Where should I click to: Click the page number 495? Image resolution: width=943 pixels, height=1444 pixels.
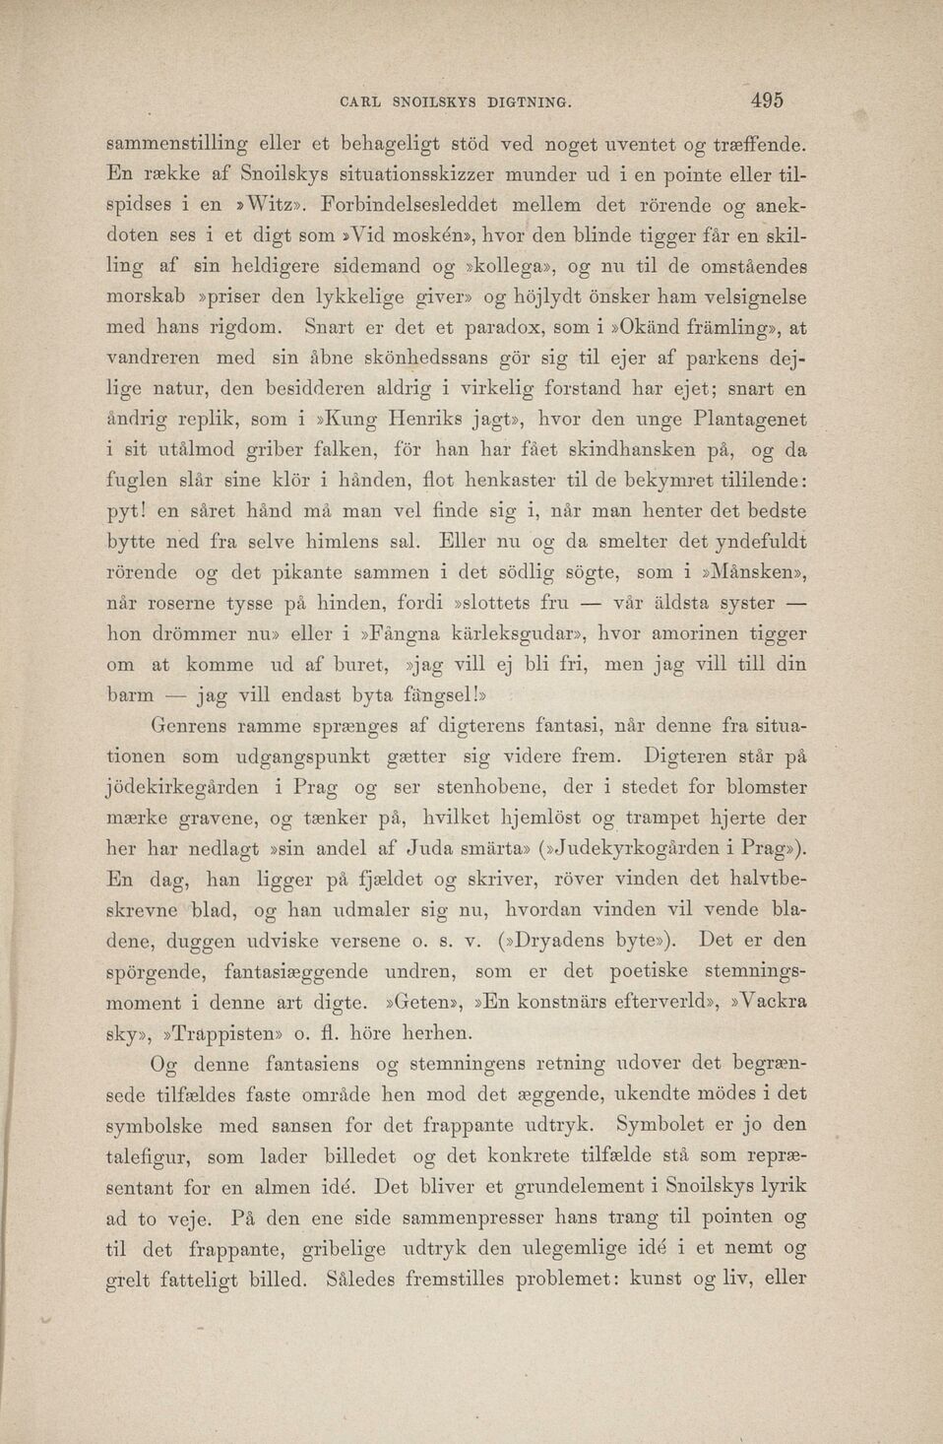pyautogui.click(x=766, y=99)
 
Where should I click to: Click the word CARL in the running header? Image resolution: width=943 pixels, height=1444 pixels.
pyautogui.click(x=361, y=101)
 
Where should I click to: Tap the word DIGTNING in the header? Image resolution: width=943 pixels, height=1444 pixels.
pyautogui.click(x=526, y=101)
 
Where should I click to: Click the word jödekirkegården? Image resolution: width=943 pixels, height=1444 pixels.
pyautogui.click(x=182, y=787)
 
